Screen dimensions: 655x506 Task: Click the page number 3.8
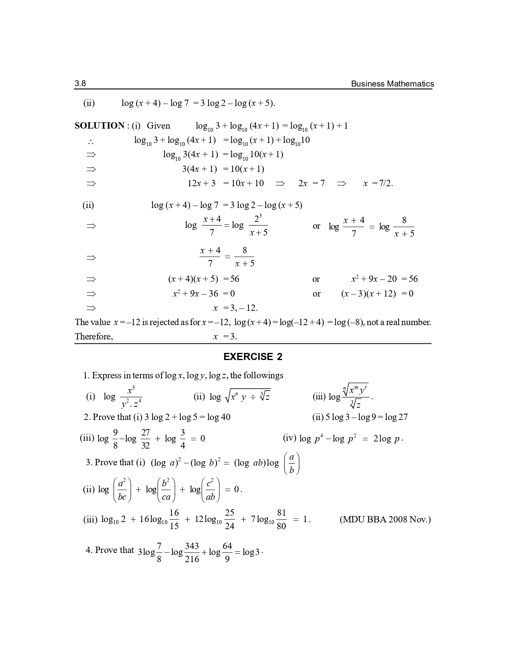tap(80, 83)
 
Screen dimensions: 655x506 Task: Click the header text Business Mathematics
tap(392, 84)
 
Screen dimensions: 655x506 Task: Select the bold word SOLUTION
tap(100, 126)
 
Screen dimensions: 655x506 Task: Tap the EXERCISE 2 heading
tap(253, 357)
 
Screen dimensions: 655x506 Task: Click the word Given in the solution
tap(158, 126)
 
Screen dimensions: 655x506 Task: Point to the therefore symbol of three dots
tap(91, 141)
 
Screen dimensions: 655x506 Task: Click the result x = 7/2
tap(378, 183)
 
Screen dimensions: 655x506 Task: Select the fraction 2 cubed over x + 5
tap(258, 225)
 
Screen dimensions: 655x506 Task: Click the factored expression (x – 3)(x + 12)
tap(368, 294)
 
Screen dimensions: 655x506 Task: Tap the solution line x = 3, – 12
tap(235, 308)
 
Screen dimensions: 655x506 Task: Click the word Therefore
tap(94, 337)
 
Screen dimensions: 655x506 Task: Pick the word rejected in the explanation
tap(162, 322)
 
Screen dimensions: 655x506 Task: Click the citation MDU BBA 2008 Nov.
tap(385, 520)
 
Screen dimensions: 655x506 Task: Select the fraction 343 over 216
tap(192, 553)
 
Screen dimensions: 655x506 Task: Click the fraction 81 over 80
tap(281, 520)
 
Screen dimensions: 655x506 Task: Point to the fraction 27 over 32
tap(146, 439)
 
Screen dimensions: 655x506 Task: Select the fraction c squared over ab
tap(210, 490)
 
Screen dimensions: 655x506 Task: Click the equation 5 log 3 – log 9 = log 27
tap(360, 417)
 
